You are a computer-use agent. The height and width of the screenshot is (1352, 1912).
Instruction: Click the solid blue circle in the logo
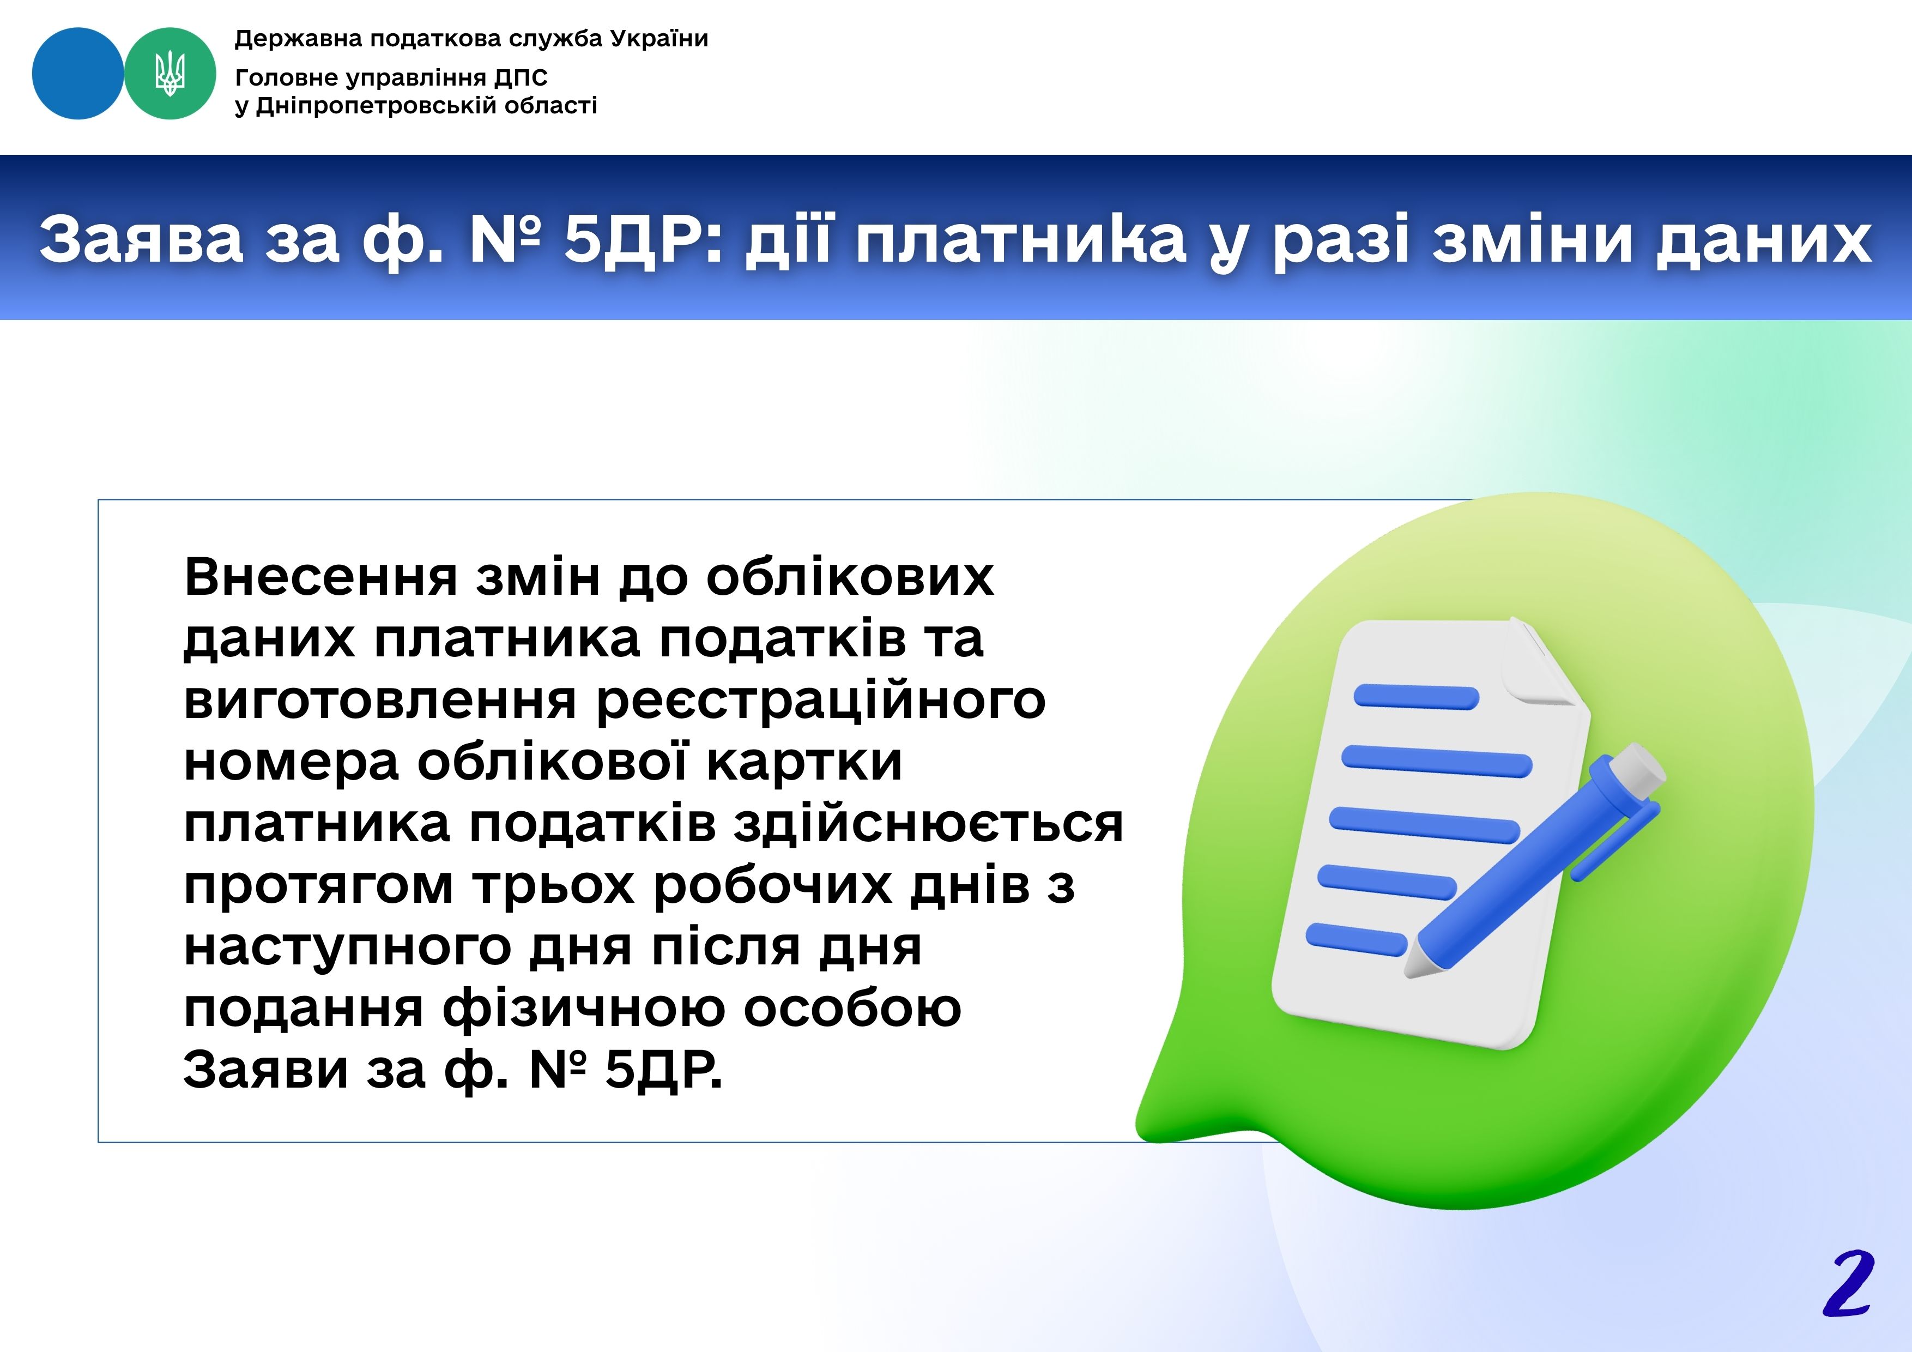point(77,73)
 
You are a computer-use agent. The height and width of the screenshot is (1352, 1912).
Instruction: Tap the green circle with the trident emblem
point(170,73)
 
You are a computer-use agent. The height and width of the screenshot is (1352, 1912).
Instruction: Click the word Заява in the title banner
point(142,240)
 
